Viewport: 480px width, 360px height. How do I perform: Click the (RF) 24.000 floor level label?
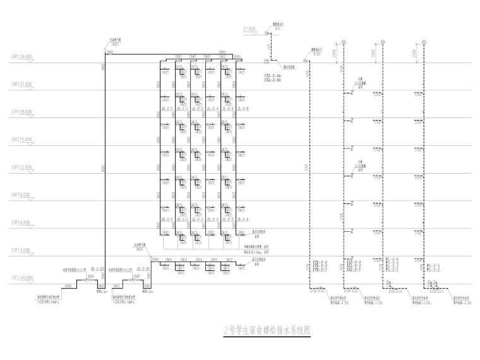point(21,56)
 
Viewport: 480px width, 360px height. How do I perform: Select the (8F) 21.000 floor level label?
point(21,84)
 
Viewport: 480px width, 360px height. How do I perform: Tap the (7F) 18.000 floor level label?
point(21,112)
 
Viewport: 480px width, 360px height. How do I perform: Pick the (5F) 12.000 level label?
point(21,167)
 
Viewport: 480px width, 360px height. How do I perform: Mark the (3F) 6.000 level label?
point(21,223)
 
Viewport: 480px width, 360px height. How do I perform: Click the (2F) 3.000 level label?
point(21,251)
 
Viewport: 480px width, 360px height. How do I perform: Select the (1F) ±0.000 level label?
point(21,279)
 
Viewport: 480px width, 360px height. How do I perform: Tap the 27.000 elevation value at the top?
point(248,29)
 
